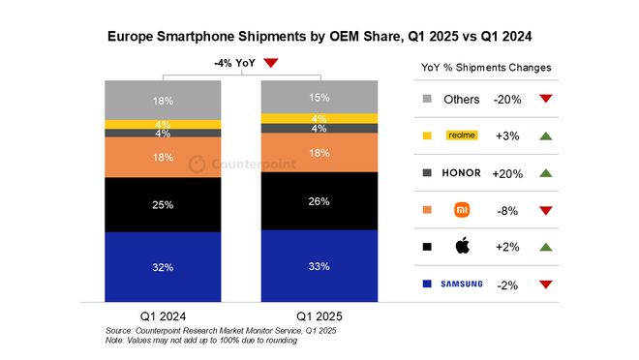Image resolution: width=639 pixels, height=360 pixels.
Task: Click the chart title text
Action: coord(319,36)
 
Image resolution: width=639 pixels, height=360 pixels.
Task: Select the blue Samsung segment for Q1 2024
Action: coord(163,267)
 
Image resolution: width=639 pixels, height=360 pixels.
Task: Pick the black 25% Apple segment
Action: coord(163,204)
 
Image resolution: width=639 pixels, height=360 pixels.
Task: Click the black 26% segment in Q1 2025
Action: coord(319,200)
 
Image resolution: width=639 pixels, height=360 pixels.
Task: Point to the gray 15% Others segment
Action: coord(319,97)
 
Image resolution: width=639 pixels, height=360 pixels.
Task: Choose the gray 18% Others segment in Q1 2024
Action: coord(163,100)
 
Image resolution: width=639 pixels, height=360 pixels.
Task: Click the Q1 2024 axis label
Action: coord(162,316)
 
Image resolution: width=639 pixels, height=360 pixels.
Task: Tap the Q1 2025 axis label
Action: coord(319,316)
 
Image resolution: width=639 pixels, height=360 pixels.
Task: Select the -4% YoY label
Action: coord(234,63)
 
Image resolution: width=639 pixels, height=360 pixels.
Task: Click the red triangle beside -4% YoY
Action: coord(271,63)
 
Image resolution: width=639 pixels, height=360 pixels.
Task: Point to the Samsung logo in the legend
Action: coord(461,284)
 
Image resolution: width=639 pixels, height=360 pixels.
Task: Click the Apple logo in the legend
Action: coord(462,246)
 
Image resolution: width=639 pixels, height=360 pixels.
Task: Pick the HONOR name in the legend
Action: coord(461,172)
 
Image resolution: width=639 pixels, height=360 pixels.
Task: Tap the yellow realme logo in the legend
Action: coord(462,135)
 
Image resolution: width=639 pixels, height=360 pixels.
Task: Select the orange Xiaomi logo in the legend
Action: coord(462,209)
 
